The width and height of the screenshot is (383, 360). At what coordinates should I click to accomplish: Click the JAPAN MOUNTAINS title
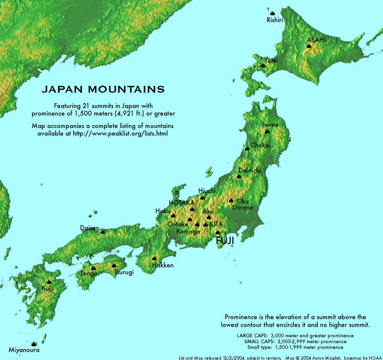click(103, 89)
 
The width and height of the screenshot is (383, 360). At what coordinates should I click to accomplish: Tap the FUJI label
click(225, 241)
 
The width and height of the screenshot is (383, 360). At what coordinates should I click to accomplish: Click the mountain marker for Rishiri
click(272, 13)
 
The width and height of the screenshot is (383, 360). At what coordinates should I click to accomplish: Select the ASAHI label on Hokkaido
click(316, 40)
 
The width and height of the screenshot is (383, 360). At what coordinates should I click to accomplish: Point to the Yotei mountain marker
click(263, 66)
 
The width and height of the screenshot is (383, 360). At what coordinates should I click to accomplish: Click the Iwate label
click(270, 125)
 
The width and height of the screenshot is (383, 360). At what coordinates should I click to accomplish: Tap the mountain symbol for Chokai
click(247, 148)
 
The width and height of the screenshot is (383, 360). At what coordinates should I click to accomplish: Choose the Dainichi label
click(250, 171)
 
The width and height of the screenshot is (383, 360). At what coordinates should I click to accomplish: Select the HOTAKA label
click(182, 203)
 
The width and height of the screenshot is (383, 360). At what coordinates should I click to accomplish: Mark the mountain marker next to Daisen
click(103, 231)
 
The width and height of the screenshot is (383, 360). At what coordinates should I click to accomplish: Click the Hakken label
click(162, 265)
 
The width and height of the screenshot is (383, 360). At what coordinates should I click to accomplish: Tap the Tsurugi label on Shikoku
click(124, 272)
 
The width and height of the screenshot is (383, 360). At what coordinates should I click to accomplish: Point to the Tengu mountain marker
click(93, 268)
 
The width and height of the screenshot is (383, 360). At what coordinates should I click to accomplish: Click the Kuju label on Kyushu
click(48, 288)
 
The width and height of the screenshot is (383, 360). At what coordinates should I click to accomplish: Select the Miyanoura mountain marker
click(34, 344)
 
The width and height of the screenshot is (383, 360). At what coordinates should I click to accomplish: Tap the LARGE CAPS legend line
click(295, 336)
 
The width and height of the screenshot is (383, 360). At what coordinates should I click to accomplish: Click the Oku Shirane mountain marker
click(231, 200)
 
